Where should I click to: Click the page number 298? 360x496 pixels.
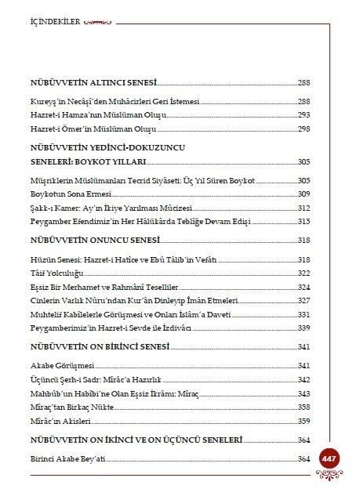coord(304,128)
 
